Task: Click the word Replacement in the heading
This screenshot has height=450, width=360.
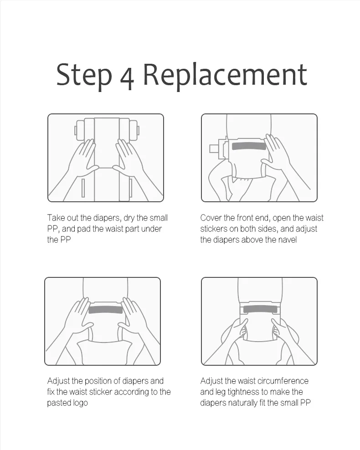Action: pyautogui.click(x=225, y=75)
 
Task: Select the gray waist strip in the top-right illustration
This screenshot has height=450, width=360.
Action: pyautogui.click(x=249, y=146)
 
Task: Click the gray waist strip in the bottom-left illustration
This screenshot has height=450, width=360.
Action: pyautogui.click(x=106, y=310)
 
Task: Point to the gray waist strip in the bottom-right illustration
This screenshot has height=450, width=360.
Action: pyautogui.click(x=260, y=309)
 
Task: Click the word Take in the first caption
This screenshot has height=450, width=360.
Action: pyautogui.click(x=56, y=218)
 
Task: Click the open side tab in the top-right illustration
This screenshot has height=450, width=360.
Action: pyautogui.click(x=218, y=148)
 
